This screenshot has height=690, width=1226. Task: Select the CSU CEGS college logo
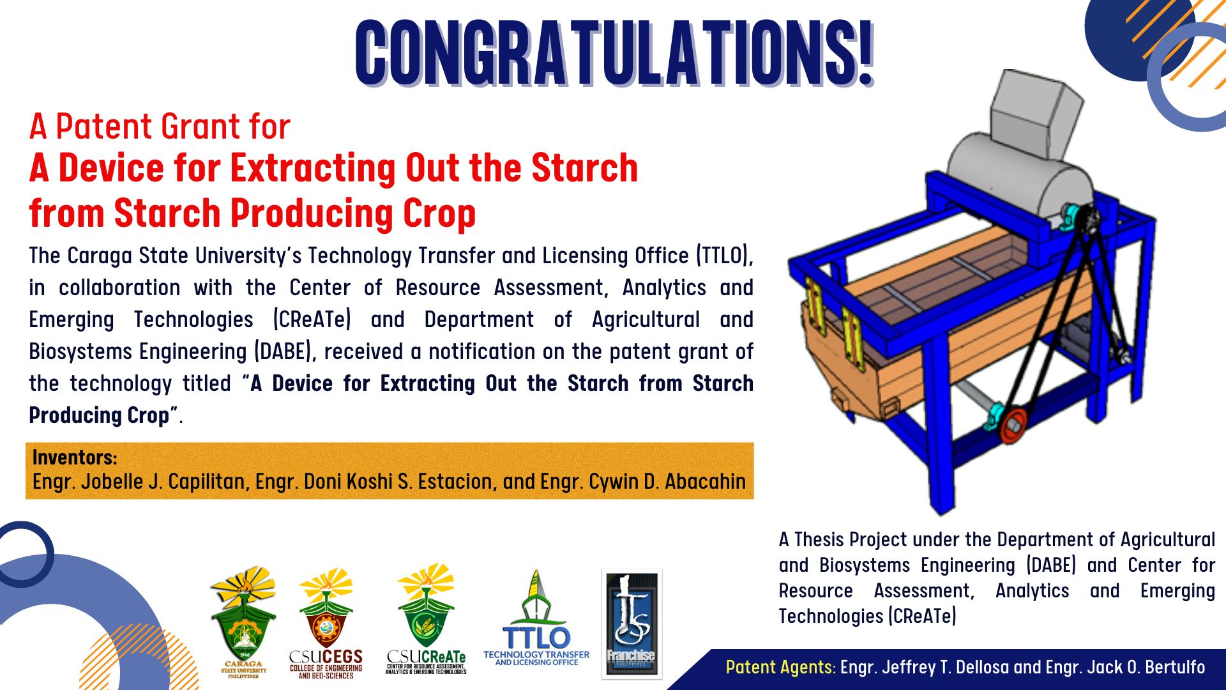[x=326, y=623]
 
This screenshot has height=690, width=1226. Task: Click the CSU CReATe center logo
[x=426, y=619]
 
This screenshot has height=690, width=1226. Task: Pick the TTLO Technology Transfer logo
[x=536, y=618]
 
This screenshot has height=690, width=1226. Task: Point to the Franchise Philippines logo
[x=632, y=623]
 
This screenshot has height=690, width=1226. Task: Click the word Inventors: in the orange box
[x=75, y=457]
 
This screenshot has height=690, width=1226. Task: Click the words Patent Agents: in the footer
[x=780, y=668]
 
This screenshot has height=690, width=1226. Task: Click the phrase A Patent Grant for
[x=160, y=126]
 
